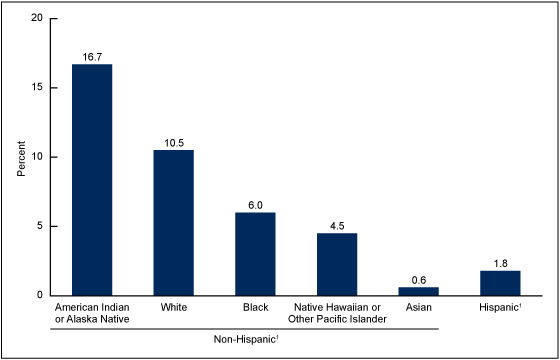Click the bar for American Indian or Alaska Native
point(92,180)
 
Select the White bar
point(173,222)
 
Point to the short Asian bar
point(418,291)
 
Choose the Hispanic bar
point(500,283)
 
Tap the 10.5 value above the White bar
point(173,143)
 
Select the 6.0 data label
point(255,205)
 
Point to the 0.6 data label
point(418,280)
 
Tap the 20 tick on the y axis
point(37,18)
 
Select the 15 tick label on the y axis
point(37,87)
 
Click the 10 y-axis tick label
point(37,157)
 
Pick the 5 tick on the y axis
point(40,226)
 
